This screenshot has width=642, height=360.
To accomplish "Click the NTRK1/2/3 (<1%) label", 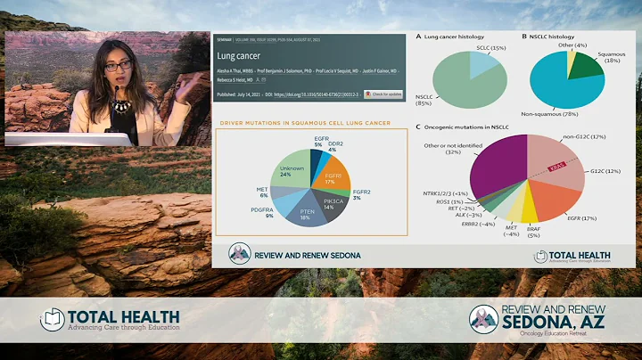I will point(448,193).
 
